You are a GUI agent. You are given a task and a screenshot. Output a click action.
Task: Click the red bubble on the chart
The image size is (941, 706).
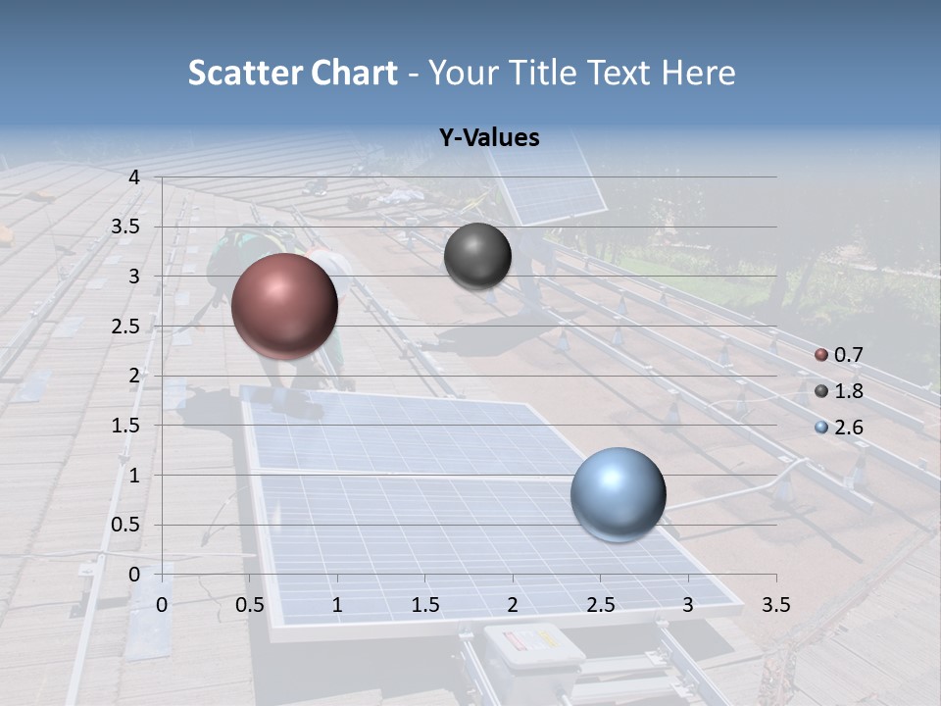(284, 305)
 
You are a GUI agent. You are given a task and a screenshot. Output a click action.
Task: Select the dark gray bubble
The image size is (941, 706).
(477, 256)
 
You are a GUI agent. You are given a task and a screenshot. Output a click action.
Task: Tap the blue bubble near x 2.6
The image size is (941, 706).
(618, 494)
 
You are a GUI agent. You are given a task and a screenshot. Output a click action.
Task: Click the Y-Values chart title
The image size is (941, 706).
(489, 138)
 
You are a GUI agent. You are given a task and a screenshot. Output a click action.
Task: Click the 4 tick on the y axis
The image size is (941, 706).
(133, 177)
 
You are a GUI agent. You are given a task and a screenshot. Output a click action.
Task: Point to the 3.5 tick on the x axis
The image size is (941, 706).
(775, 605)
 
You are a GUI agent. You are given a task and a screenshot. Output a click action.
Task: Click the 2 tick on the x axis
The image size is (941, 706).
(513, 605)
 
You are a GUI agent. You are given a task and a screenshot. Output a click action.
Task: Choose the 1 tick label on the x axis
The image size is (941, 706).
(337, 605)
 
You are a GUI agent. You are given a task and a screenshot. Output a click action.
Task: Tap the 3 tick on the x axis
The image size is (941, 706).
(688, 605)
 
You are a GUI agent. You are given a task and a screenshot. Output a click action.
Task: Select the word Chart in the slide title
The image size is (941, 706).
(355, 73)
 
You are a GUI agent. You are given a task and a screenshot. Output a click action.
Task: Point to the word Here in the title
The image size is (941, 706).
(698, 73)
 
